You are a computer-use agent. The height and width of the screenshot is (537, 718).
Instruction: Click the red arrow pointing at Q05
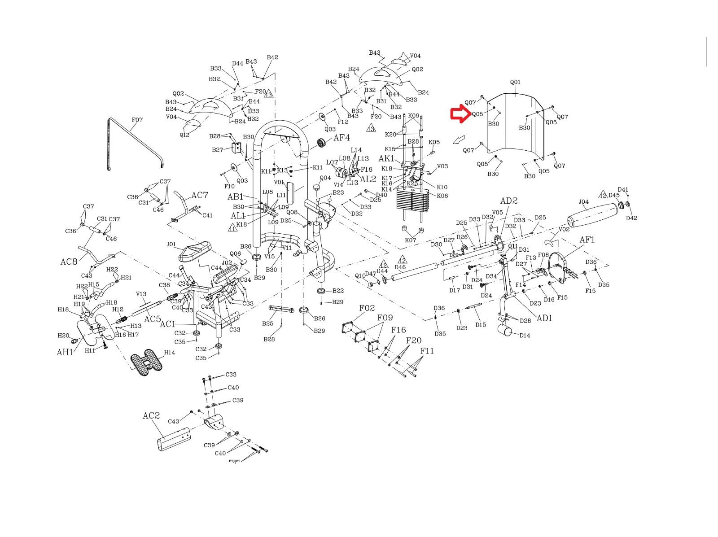point(460,114)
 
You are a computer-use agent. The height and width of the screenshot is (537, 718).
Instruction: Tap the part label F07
point(137,120)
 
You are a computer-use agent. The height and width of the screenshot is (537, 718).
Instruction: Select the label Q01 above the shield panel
point(515,82)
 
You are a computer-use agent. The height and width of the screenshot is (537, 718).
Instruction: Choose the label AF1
point(587,240)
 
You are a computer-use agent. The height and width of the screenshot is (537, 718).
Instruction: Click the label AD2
point(509,201)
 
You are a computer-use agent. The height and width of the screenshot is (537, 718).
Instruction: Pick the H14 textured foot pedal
point(146,362)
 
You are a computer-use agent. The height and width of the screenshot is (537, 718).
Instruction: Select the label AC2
point(151,415)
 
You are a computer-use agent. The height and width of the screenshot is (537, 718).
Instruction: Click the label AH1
point(65,352)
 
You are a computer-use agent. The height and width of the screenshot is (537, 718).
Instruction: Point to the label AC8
point(69,262)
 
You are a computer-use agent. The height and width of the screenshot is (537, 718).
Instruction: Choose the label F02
point(367,308)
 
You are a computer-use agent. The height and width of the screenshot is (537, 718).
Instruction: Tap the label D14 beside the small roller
point(525,335)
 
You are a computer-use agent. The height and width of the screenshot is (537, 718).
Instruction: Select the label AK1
point(386,158)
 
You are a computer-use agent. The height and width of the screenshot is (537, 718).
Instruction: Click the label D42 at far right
point(631,218)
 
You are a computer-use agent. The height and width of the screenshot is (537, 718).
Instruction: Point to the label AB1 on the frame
point(235,196)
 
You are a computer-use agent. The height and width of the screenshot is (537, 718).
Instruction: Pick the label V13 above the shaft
point(141,294)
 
